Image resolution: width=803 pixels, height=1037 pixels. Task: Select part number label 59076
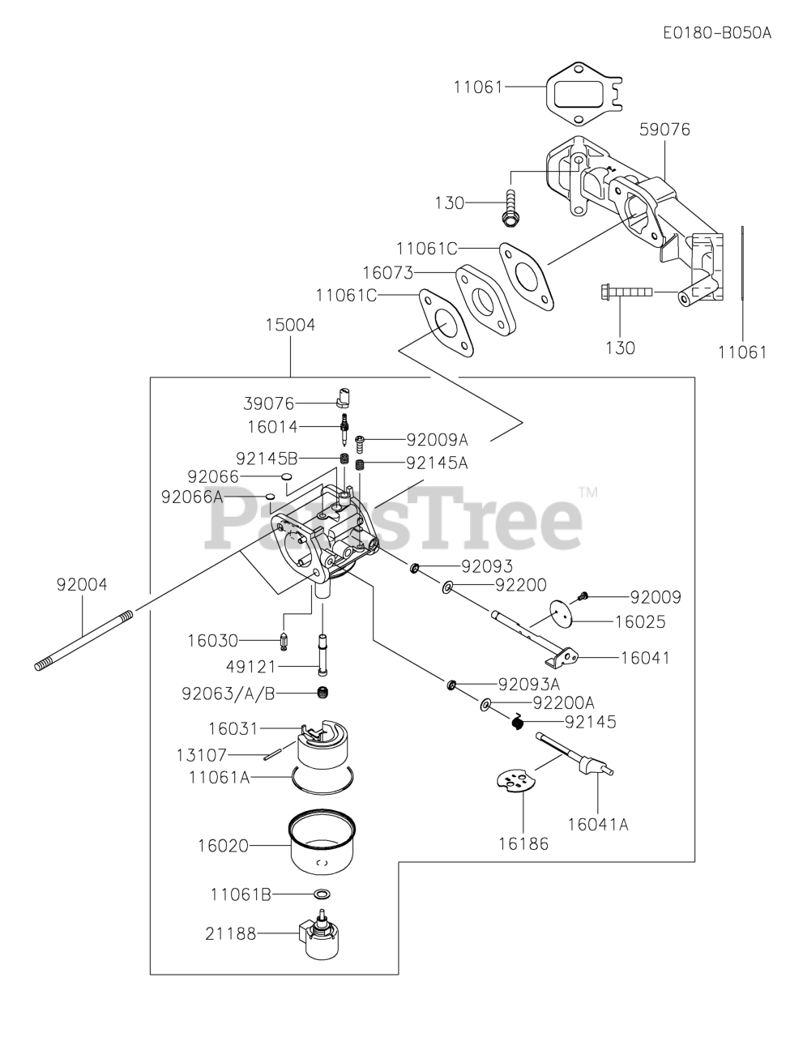coord(664,130)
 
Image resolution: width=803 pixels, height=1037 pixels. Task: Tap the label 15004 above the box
coord(290,325)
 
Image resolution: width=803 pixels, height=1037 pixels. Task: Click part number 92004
coord(82,584)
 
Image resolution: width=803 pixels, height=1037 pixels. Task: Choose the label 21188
coord(230,934)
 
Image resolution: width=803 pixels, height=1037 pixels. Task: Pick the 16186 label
coord(523,843)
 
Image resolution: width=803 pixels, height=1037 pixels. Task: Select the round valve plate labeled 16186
coord(516,781)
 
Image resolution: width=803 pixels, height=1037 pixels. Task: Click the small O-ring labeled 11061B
coord(322,894)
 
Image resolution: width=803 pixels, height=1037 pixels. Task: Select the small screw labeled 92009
coord(583,597)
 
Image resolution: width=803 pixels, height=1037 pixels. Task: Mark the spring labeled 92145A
coord(361,464)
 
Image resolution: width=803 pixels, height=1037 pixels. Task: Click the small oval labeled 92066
coord(286,476)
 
